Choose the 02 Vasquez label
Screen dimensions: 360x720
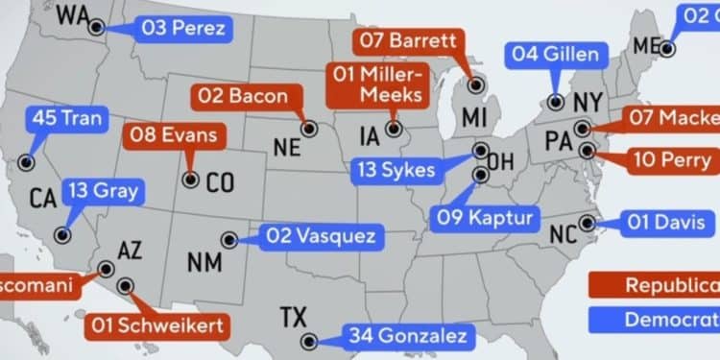(x=320, y=234)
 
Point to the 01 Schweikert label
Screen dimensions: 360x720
(x=157, y=324)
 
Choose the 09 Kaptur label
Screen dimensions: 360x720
(x=485, y=217)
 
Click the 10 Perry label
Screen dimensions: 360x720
(x=671, y=159)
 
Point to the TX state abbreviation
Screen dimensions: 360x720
(x=294, y=317)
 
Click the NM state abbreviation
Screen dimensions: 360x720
(x=206, y=260)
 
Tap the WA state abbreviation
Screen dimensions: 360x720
(x=73, y=14)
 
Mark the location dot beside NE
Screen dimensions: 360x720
(x=309, y=128)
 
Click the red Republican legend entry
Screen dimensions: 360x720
(x=662, y=285)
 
